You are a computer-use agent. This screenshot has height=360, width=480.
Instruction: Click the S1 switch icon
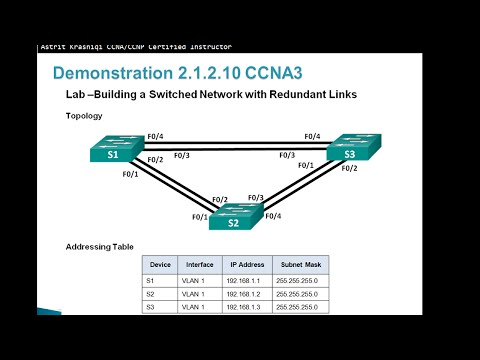(114, 150)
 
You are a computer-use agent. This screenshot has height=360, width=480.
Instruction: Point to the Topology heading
(84, 116)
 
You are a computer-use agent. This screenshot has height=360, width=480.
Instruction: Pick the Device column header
(160, 265)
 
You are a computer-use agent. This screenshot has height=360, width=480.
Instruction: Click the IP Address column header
(246, 265)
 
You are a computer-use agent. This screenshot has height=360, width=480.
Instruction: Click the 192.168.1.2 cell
(246, 294)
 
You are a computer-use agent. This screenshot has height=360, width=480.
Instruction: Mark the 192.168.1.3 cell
(246, 307)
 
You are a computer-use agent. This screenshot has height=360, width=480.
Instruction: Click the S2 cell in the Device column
(151, 294)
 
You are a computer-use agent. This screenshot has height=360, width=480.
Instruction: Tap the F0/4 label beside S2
(273, 215)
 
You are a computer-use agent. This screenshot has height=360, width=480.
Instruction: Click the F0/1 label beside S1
(130, 174)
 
